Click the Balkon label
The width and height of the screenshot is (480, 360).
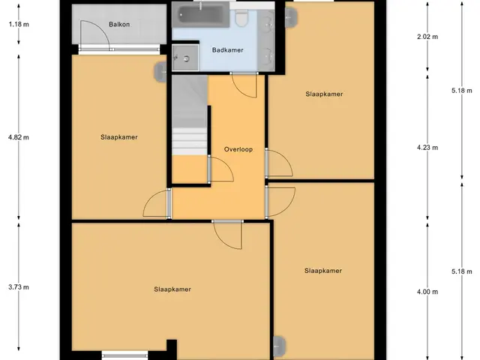119,25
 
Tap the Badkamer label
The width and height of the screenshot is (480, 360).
228,50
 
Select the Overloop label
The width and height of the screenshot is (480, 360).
238,149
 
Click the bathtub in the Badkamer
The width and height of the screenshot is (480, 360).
200,14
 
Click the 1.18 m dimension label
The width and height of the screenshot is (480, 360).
19,24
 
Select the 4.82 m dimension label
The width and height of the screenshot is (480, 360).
19,137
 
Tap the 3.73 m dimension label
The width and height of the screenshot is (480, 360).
19,287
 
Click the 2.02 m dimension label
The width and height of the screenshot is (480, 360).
427,37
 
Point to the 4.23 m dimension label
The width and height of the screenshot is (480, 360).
427,148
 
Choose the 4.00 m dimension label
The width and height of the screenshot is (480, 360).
427,292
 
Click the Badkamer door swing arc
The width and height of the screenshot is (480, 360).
244,85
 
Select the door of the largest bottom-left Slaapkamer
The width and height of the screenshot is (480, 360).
228,235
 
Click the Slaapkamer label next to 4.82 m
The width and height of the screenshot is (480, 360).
119,137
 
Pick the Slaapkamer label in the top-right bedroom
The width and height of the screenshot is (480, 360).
324,94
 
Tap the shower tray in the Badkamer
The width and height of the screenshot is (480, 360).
185,58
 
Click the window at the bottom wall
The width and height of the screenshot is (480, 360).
124,355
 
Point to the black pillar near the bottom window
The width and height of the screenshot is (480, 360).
172,349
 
